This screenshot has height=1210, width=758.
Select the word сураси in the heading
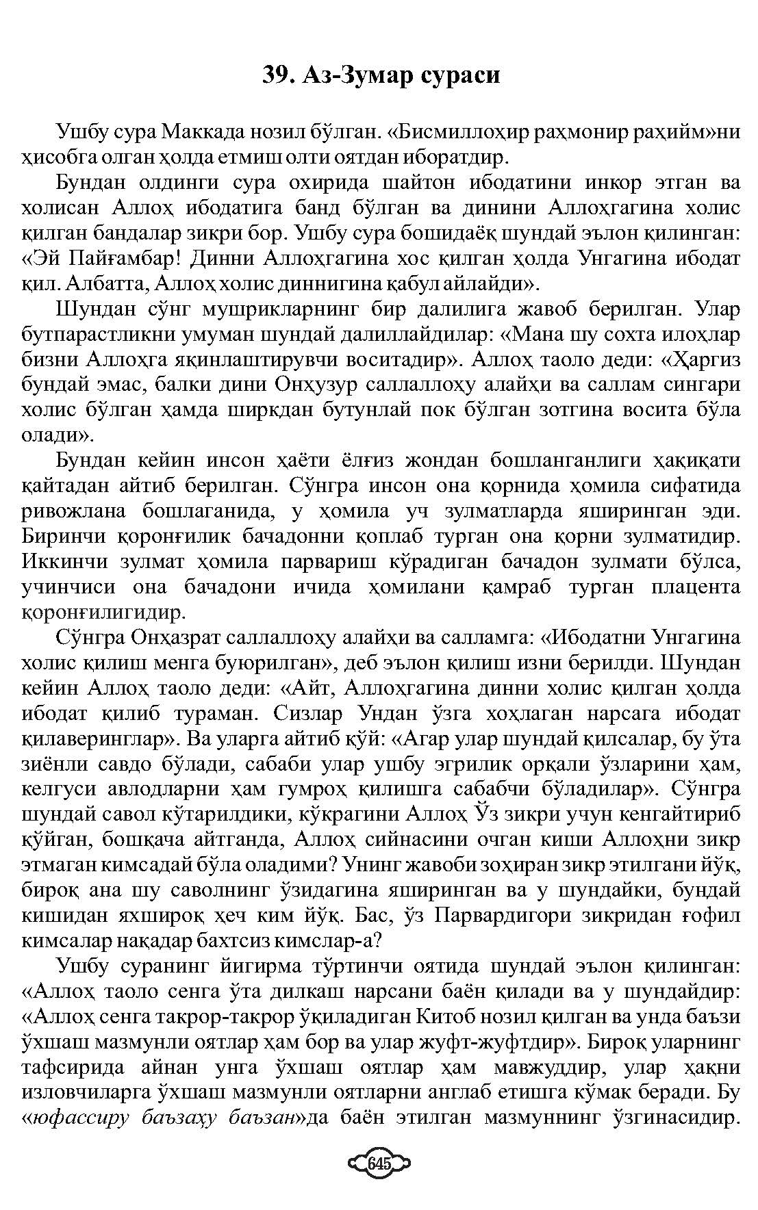click(x=459, y=75)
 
